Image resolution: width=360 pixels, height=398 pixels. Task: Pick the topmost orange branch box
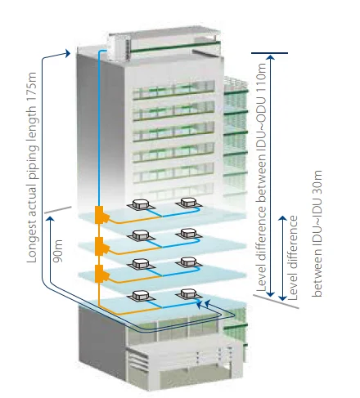pos(102,215)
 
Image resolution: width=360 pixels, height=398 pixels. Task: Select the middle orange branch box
pos(102,244)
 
